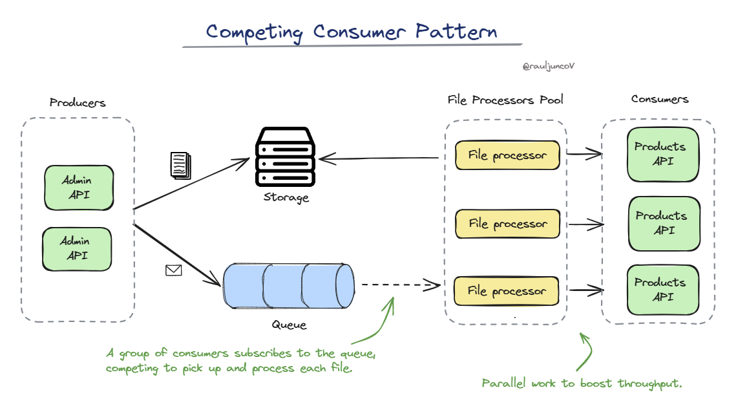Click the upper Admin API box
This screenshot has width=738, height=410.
(x=79, y=188)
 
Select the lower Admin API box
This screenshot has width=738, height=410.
(x=77, y=249)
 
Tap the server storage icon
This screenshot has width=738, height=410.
(x=285, y=156)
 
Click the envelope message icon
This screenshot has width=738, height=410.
(x=174, y=270)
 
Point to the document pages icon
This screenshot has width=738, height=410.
(x=181, y=165)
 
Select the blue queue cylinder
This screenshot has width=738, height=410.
(x=288, y=286)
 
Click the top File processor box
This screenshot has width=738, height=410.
(x=507, y=155)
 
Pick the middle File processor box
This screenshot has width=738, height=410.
(x=507, y=224)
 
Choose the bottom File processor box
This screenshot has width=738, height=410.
(x=507, y=291)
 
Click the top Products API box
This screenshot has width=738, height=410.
(x=662, y=155)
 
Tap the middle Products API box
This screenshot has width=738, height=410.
(x=664, y=224)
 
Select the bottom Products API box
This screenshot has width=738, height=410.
(x=662, y=290)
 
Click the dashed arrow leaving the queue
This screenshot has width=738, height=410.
(x=401, y=285)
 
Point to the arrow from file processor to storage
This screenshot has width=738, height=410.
(x=379, y=158)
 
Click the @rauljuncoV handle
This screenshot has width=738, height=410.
(x=548, y=67)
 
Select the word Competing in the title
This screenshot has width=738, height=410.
(x=254, y=32)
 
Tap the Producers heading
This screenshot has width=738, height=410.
(x=78, y=103)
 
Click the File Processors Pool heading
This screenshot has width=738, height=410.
(x=505, y=100)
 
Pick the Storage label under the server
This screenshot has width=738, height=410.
(x=286, y=197)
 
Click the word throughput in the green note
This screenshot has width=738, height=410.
(x=649, y=383)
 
